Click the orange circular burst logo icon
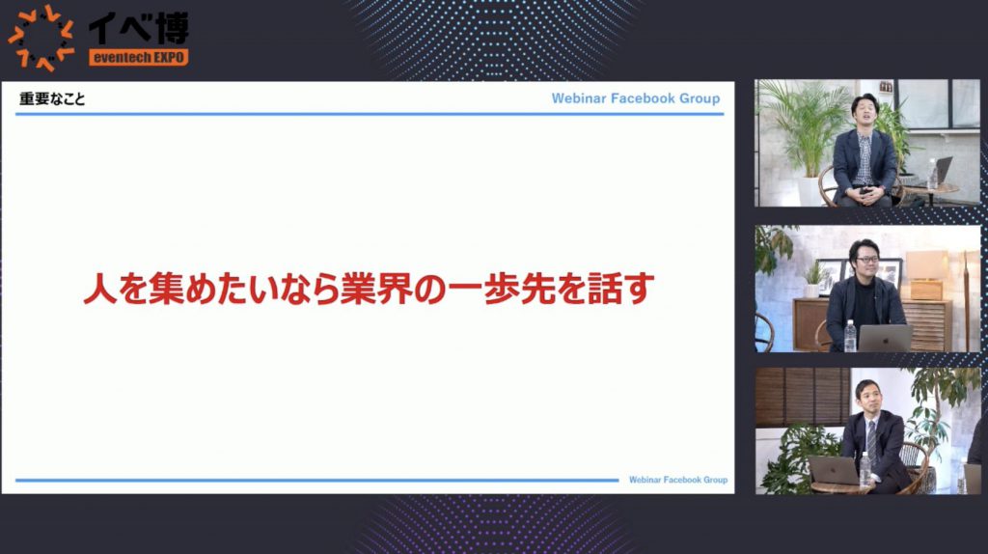click(x=41, y=38)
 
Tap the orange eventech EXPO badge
click(x=139, y=58)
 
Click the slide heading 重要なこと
click(x=52, y=99)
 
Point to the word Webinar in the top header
click(x=579, y=98)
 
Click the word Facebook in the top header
click(x=643, y=98)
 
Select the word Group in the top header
click(x=700, y=98)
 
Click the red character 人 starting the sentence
click(x=100, y=289)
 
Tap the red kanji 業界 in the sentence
click(x=376, y=289)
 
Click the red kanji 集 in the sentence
click(x=166, y=289)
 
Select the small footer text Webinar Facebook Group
click(x=678, y=480)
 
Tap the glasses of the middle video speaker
click(x=866, y=259)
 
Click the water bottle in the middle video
click(x=850, y=336)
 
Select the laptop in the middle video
click(x=885, y=339)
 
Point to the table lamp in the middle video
click(x=926, y=275)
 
